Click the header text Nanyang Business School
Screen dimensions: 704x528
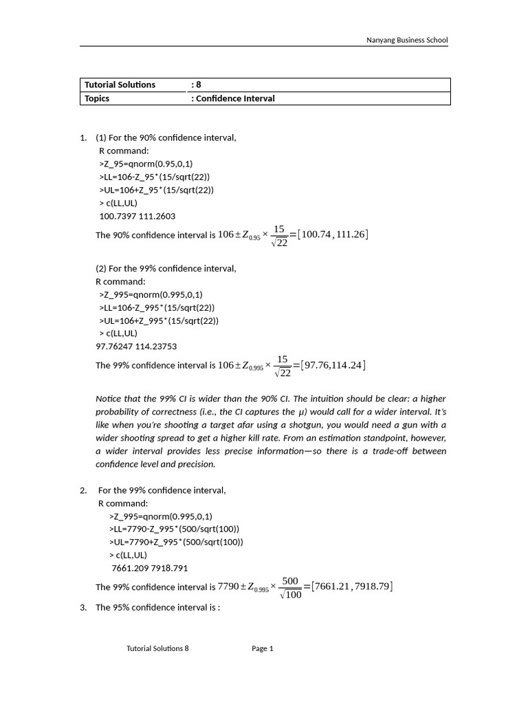[x=407, y=40]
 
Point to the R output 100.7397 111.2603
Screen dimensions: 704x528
[x=137, y=216]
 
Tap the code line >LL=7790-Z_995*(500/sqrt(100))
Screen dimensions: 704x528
[x=174, y=529]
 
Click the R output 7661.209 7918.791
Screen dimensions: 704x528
[x=149, y=568]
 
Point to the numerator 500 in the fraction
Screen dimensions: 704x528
[x=290, y=581]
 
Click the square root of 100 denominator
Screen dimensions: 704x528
[x=290, y=594]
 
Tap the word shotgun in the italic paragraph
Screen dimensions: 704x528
[x=349, y=425]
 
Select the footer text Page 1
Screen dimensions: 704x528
[x=263, y=648]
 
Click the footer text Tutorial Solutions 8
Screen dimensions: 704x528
[x=157, y=648]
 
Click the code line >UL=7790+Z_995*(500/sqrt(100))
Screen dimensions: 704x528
[x=176, y=542]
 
